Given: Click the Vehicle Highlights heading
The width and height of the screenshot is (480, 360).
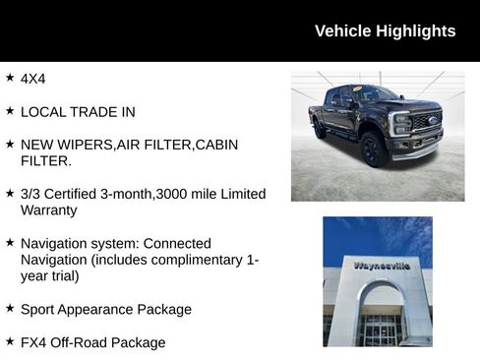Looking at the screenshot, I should coord(385,30).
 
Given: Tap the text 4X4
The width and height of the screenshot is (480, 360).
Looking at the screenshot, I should coord(33,78).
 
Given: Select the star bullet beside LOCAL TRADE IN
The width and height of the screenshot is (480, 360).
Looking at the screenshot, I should coord(10,111).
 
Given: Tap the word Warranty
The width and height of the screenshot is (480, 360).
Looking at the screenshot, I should coord(48,210).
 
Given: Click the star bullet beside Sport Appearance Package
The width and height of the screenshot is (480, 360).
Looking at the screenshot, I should coord(10,308).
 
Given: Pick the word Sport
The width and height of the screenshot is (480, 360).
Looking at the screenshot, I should coord(39,309).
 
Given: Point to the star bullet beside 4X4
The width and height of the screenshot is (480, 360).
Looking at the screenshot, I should coord(10,77).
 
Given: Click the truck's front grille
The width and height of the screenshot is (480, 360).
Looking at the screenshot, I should coord(426,126).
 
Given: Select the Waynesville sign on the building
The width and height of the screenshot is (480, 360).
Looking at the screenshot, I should coord(382,265).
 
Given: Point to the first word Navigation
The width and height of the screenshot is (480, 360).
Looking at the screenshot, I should coord(54,243).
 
